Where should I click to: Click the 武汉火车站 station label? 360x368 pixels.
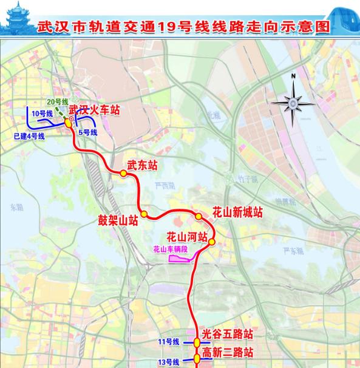[94, 111]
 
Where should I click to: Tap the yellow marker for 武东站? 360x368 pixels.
[123, 173]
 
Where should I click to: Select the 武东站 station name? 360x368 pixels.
[141, 165]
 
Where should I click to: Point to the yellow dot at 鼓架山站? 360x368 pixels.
[144, 213]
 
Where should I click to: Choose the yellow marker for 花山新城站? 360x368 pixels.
[199, 217]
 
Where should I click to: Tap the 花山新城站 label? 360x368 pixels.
[237, 213]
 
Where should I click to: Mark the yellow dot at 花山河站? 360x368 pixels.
[212, 243]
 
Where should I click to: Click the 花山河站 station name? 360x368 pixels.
[188, 236]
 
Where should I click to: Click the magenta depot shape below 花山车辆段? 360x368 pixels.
[179, 259]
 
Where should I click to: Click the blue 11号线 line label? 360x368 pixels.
[168, 342]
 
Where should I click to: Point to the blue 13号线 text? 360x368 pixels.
[168, 361]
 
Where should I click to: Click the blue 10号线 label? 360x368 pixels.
[42, 114]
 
